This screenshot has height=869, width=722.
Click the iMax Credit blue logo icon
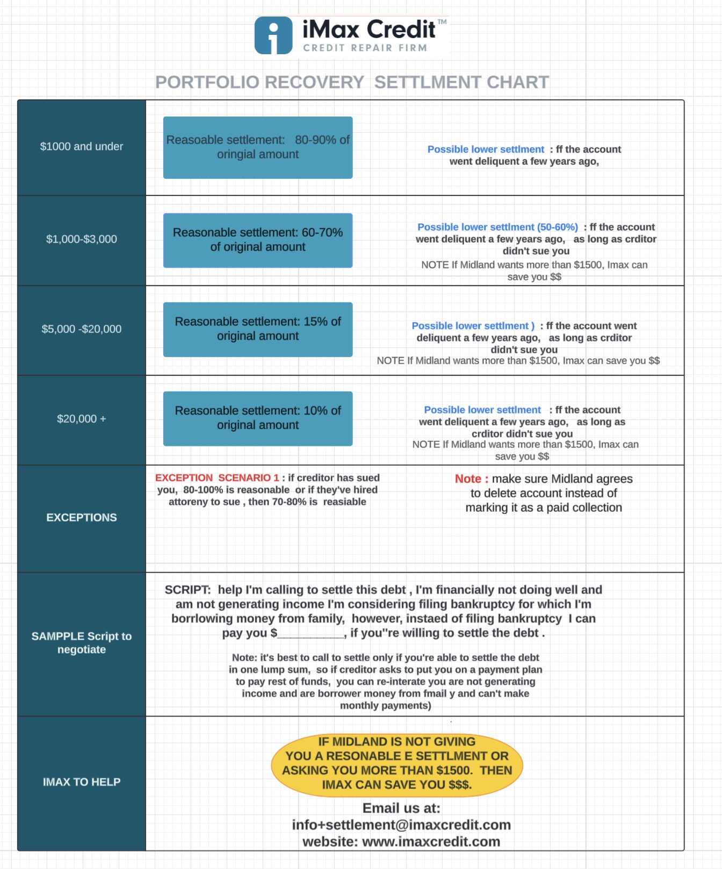coord(273,35)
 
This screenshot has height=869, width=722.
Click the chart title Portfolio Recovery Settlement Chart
coord(352,82)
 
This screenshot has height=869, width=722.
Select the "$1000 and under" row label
coord(82,146)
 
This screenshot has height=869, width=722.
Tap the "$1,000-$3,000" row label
coord(82,239)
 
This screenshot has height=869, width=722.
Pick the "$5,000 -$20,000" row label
coord(82,329)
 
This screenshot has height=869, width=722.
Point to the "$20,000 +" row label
coord(82,418)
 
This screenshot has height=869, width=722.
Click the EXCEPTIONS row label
coord(82,517)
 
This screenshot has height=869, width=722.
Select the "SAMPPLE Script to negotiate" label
coord(82,643)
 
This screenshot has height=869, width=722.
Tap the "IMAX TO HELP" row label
coord(82,782)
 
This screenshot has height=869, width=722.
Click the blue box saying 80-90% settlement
coord(258,148)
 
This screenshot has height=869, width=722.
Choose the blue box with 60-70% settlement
coord(258,240)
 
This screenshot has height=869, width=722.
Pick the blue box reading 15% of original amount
coord(258,329)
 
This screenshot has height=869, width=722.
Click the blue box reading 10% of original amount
coord(258,418)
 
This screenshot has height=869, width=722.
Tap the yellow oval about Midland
coord(397,764)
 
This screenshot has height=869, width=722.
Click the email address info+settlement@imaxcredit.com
coord(401,825)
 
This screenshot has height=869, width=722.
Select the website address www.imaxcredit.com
coord(431,842)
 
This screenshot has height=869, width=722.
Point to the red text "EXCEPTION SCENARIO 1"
coord(217,477)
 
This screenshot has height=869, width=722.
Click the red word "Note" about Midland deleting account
coord(468,479)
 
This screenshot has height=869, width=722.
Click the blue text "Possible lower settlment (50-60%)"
coord(498,227)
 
